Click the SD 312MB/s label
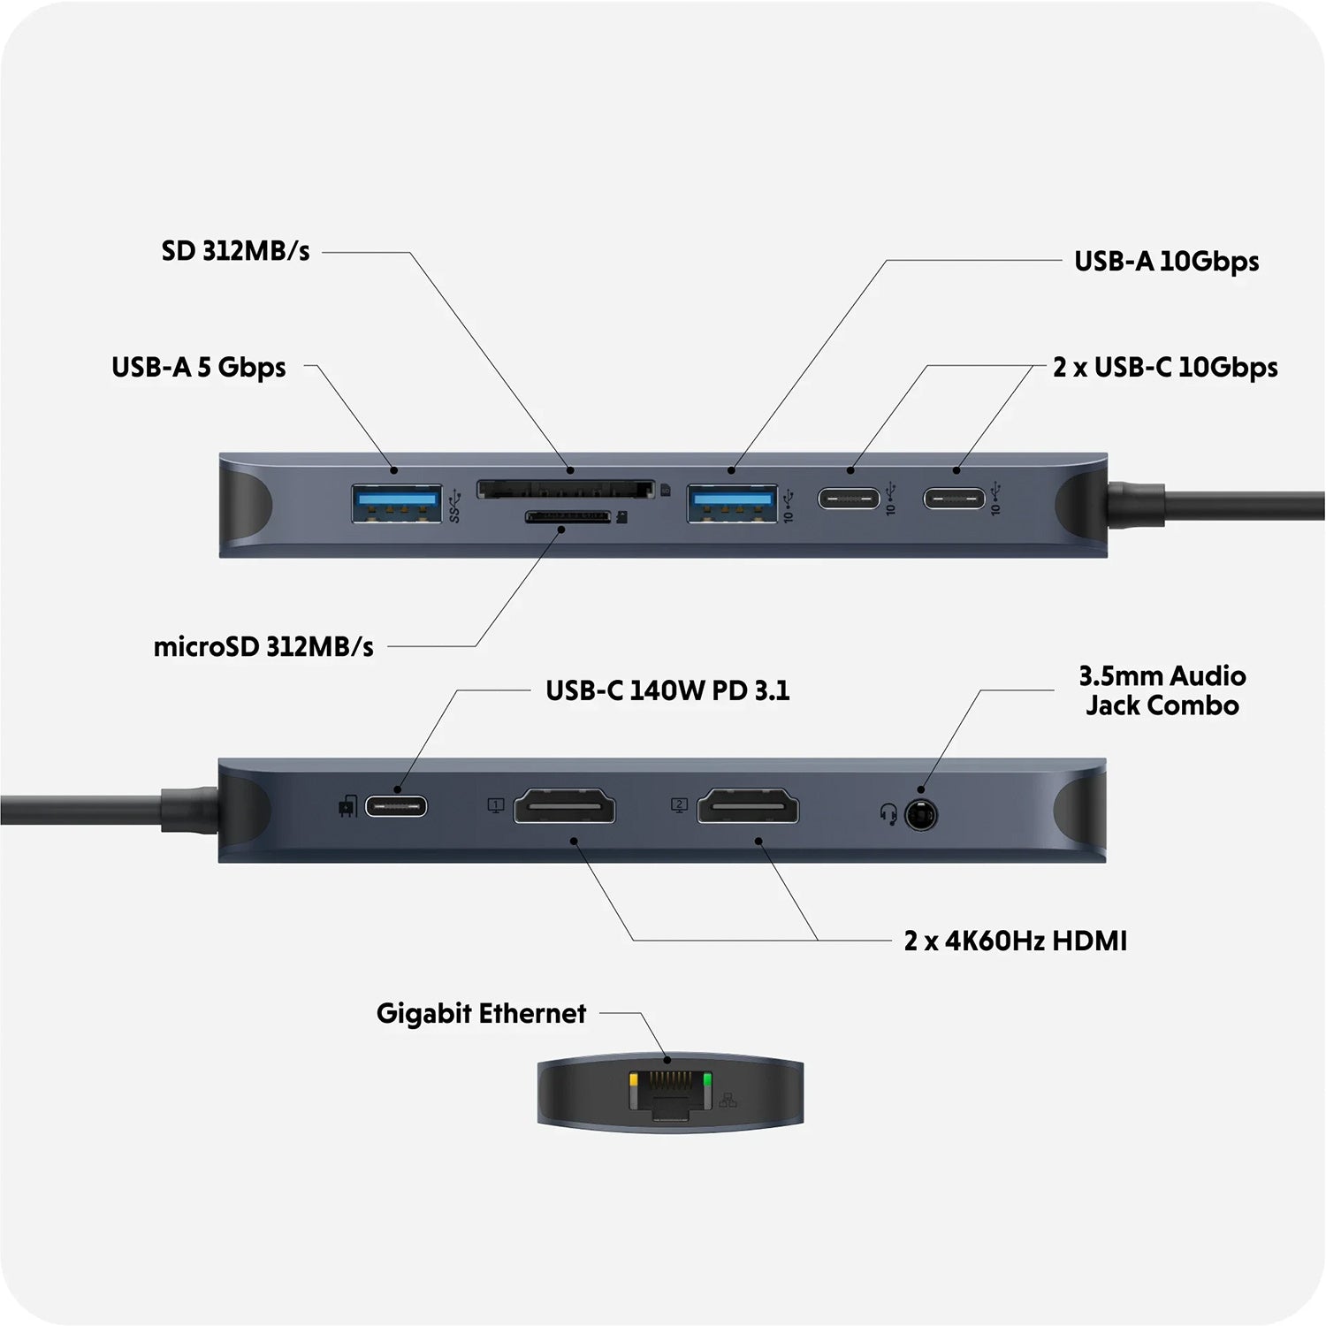tap(235, 251)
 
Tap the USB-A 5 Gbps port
tap(396, 503)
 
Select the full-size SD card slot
tap(566, 489)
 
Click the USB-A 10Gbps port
tap(733, 503)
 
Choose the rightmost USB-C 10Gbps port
tap(954, 499)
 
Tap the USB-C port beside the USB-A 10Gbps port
tap(849, 499)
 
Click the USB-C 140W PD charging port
tap(396, 806)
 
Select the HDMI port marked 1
tap(565, 807)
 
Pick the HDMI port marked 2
tap(748, 807)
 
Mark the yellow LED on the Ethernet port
tap(634, 1081)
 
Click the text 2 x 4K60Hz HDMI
tap(1015, 941)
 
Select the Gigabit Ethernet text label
tap(481, 1013)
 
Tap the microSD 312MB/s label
tap(263, 647)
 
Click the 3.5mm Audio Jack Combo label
tap(1162, 690)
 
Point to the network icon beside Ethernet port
tap(728, 1101)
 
